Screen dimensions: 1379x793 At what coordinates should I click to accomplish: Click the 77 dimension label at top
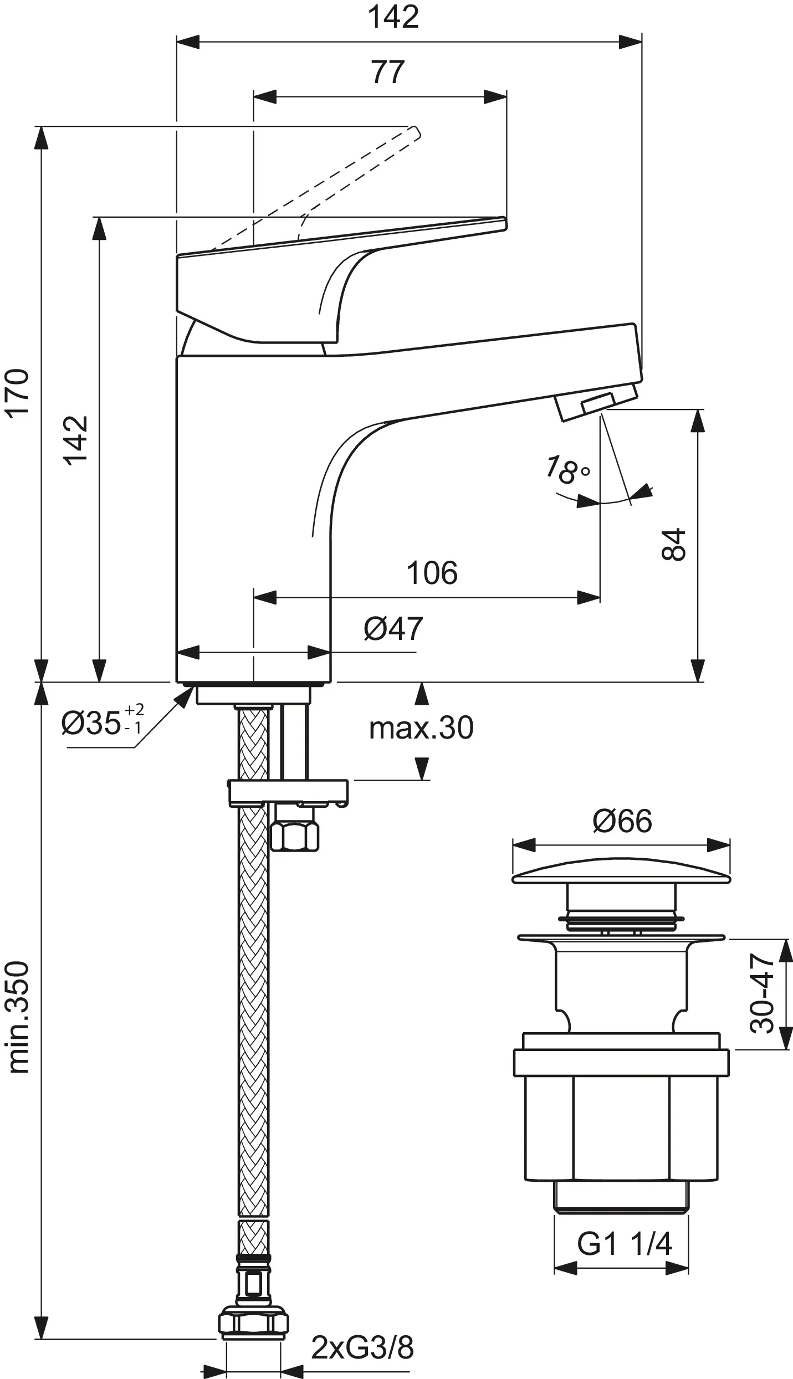tap(388, 73)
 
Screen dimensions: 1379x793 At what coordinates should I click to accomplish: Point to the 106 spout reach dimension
tap(432, 573)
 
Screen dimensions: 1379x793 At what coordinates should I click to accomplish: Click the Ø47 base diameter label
tap(393, 629)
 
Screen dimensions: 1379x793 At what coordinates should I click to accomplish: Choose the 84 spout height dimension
tap(674, 545)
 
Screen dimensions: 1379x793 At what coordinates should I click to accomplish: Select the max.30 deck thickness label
tap(421, 728)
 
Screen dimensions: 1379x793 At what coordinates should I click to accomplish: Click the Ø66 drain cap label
tap(622, 821)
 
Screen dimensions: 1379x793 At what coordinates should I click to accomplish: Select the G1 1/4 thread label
tap(624, 1229)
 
